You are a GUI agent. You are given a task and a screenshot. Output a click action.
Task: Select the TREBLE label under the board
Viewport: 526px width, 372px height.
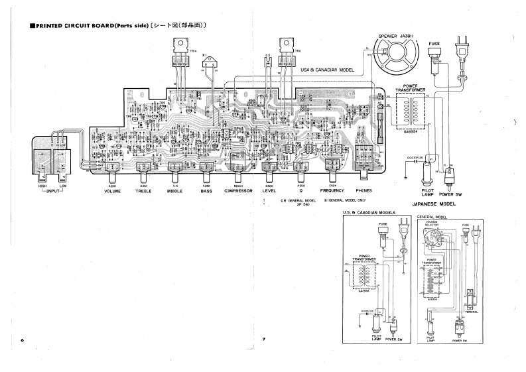tap(143, 191)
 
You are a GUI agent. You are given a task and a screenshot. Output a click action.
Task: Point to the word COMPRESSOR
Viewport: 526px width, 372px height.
tap(237, 191)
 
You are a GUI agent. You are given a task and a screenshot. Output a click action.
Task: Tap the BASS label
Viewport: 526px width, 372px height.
tap(206, 191)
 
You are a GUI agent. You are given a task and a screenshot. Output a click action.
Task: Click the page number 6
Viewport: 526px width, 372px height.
tap(22, 340)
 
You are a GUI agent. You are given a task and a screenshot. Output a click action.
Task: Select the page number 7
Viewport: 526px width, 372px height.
tap(263, 340)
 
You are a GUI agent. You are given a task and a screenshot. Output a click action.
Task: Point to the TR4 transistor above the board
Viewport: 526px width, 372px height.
tap(180, 53)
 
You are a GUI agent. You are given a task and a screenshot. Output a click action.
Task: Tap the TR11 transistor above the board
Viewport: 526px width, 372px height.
tap(288, 53)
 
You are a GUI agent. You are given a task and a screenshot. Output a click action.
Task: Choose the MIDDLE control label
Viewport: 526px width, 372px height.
tap(174, 191)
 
